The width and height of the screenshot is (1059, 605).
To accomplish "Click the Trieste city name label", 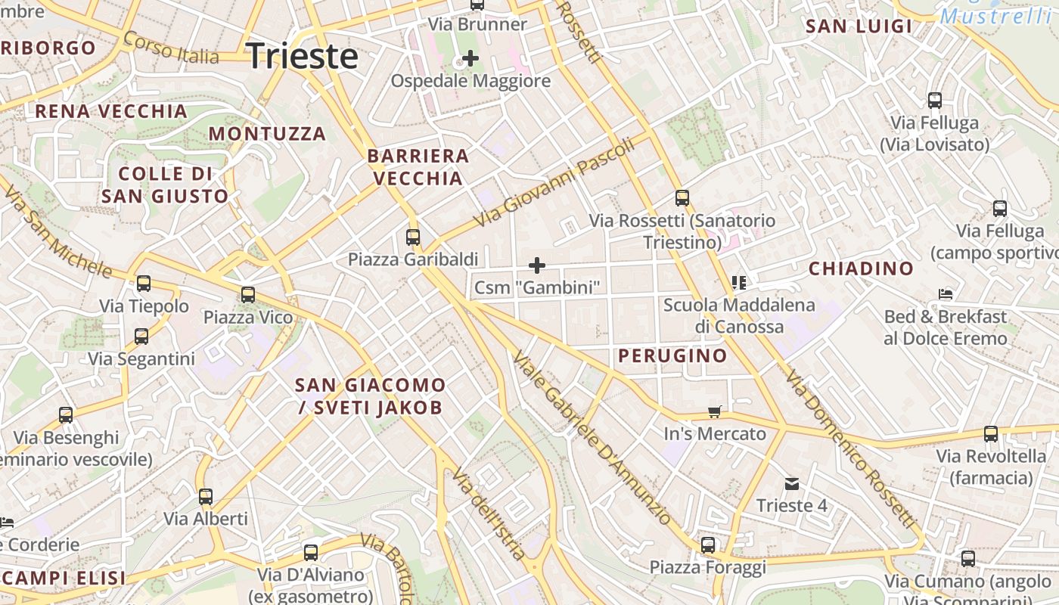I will coord(302,56).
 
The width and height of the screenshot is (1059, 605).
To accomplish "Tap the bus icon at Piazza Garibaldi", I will coord(413,237).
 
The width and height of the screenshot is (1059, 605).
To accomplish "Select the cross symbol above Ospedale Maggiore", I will coord(470,57).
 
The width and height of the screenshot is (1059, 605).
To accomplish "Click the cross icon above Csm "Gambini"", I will coord(537,265).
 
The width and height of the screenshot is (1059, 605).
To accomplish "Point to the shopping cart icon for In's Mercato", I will coord(715,411).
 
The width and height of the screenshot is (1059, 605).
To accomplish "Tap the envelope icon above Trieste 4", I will coord(791,483).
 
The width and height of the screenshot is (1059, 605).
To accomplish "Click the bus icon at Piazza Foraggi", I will coord(708,544).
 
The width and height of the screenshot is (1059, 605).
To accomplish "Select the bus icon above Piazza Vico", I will coord(248,295).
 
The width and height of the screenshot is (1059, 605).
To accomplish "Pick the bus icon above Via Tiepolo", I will coord(144,284).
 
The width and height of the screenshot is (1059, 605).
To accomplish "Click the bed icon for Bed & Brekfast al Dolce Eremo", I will coord(945,294).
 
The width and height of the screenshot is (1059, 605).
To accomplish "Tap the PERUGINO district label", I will coord(672,355).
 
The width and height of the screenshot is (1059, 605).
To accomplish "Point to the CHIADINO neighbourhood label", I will coord(861,268).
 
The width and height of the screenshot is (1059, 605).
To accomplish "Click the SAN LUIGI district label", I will coord(859,26).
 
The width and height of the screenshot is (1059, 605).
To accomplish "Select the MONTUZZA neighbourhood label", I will coord(267,134).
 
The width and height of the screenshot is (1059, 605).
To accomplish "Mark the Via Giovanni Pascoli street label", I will coord(554,184).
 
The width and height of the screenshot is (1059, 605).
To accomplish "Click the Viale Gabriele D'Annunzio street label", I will coord(592,439).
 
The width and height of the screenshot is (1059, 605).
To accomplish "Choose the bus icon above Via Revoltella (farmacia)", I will coord(991,434).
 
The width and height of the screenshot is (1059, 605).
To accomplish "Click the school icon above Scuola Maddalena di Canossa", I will coord(739,283).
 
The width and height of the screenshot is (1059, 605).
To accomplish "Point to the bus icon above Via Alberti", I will coord(206,497).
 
